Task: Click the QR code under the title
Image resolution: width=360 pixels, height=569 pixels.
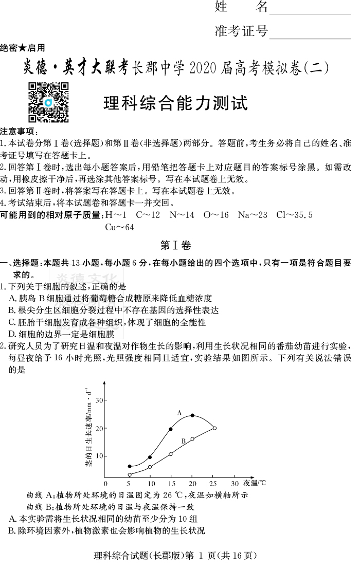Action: (48, 102)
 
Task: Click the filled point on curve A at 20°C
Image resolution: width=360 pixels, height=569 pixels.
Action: (192, 415)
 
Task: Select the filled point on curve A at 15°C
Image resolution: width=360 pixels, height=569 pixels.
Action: (170, 429)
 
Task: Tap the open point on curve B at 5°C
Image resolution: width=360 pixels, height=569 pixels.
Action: (130, 475)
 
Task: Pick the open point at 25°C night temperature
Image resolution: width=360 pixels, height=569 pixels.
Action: (214, 428)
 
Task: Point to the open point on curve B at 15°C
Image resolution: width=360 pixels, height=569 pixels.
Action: (170, 454)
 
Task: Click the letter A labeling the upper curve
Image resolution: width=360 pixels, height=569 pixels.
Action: (179, 412)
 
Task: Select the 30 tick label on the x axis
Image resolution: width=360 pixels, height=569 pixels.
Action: (235, 484)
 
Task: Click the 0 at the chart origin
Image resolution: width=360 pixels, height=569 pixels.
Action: (105, 484)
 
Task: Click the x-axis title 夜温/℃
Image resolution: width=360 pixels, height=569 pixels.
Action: (255, 483)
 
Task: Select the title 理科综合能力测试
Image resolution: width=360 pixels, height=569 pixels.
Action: (175, 103)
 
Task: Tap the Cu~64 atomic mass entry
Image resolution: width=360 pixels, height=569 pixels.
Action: (119, 227)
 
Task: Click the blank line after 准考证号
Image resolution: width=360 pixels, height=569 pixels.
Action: (310, 33)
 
